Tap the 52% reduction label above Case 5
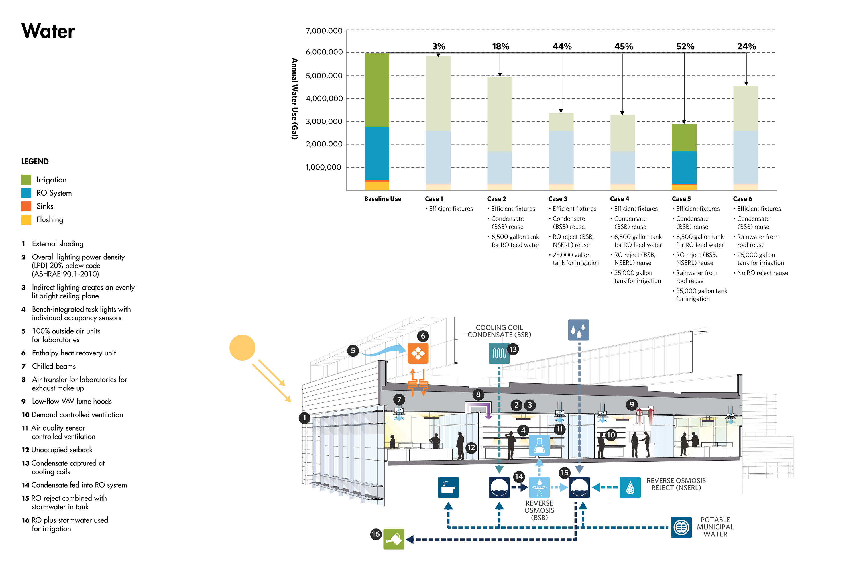pos(685,46)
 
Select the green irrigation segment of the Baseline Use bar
pos(376,90)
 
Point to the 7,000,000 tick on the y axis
pos(324,31)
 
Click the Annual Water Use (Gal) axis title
pos(294,99)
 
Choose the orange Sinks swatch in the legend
pos(26,206)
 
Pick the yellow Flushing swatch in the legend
pos(26,219)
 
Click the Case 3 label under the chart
pos(558,199)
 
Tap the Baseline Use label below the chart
pos(382,199)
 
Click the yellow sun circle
pos(242,347)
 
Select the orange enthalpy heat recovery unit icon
pos(418,353)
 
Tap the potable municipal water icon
pos(681,527)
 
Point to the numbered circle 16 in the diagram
pos(376,534)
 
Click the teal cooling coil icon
pos(499,353)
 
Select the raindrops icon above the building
pos(578,330)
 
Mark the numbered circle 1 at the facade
pos(304,418)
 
